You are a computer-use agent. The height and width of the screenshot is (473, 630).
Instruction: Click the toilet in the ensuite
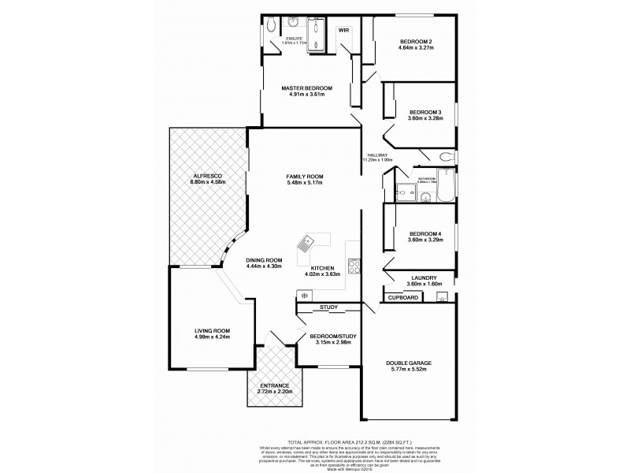270,24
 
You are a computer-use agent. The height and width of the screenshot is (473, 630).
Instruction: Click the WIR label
343,30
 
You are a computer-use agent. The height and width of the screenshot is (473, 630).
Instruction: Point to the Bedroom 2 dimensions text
414,47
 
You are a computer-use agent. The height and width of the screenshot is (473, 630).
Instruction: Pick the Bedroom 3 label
424,112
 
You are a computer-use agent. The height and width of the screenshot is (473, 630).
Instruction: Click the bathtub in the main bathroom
445,185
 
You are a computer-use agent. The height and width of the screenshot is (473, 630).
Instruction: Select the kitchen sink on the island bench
306,245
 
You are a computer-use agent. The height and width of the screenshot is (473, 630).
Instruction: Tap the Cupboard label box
402,297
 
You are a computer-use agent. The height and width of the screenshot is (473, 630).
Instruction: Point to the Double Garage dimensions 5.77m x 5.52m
408,369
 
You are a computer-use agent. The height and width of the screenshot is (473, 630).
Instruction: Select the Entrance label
275,386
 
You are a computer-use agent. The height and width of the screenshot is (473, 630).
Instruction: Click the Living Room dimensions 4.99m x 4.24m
212,337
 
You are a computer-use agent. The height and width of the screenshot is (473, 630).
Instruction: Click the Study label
329,307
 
